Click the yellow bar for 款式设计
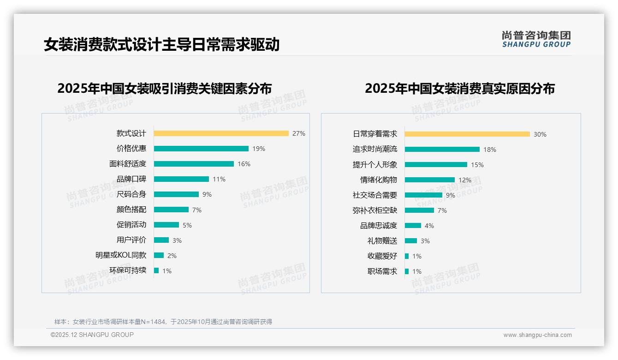point(221,133)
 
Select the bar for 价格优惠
point(201,149)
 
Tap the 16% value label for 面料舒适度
point(244,164)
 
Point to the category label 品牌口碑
point(131,179)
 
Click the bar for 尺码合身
point(176,194)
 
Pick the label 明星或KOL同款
point(120,255)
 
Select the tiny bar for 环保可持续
point(156,270)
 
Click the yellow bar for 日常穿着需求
point(467,134)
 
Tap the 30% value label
point(540,134)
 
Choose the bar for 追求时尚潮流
point(442,150)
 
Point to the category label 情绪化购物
point(378,180)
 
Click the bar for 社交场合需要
point(423,195)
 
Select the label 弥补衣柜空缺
point(374,210)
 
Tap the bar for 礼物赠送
point(411,241)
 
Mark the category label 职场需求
point(382,271)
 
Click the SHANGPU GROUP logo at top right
point(536,39)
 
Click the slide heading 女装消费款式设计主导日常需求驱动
point(161,45)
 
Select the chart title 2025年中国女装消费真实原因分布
point(459,89)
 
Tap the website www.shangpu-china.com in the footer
point(537,335)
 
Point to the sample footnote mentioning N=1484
point(163,322)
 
